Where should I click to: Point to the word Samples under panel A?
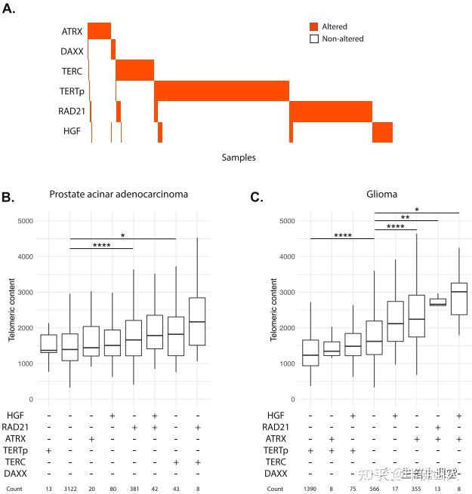click(x=239, y=158)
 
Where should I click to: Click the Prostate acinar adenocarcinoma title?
click(x=118, y=194)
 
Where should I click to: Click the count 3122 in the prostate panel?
click(x=70, y=489)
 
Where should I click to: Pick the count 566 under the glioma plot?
click(x=375, y=489)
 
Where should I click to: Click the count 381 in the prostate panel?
click(x=134, y=489)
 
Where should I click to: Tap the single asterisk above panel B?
click(x=122, y=235)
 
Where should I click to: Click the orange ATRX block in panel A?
click(x=99, y=31)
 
